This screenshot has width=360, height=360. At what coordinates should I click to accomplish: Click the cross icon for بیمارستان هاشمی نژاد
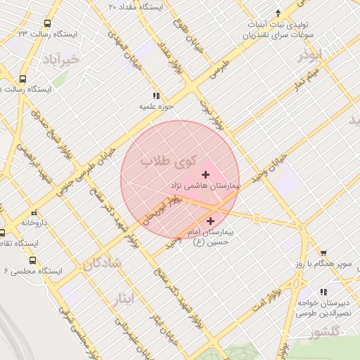[205, 174]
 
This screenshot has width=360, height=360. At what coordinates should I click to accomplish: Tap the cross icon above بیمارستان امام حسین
[210, 221]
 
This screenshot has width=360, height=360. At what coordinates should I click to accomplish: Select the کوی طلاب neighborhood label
[170, 162]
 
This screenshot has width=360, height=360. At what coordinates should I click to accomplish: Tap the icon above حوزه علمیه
[155, 96]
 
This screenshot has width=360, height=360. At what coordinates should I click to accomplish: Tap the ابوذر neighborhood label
[308, 56]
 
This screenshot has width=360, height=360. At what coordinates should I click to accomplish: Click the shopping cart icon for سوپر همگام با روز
[323, 253]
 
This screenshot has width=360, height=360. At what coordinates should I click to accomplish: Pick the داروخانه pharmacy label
[34, 222]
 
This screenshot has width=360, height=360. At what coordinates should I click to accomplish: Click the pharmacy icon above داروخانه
[33, 212]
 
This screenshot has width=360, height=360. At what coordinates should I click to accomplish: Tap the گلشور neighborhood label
[324, 330]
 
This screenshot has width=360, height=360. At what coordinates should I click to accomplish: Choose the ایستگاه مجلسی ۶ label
[33, 271]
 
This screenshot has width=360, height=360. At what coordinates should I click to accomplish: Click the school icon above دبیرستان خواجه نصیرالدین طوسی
[323, 292]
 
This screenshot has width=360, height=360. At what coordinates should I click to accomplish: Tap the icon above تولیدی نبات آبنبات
[279, 13]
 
